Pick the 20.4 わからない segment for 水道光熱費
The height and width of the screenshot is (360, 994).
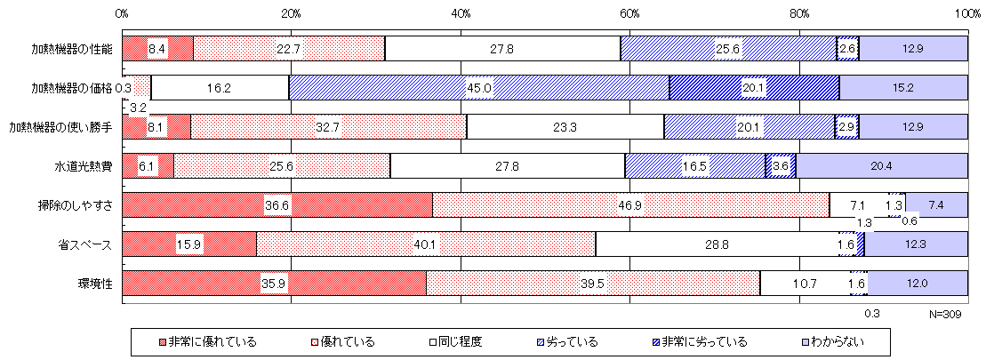[x=880, y=165]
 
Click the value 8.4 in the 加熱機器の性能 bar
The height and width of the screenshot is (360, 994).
[x=157, y=48]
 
